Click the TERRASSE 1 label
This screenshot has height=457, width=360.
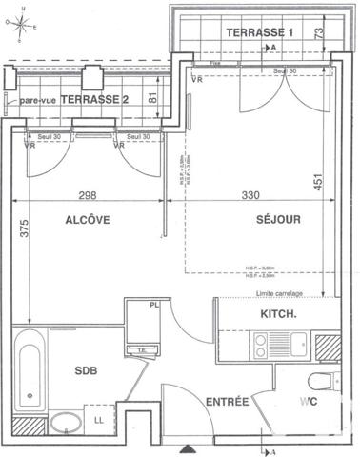pyautogui.click(x=261, y=32)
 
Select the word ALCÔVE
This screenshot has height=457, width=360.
pyautogui.click(x=89, y=220)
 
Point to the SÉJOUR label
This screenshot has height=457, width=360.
pyautogui.click(x=279, y=220)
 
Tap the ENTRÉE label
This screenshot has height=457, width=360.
pyautogui.click(x=227, y=403)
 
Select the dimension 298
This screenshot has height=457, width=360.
pyautogui.click(x=89, y=197)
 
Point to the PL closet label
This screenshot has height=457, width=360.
pyautogui.click(x=154, y=306)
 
